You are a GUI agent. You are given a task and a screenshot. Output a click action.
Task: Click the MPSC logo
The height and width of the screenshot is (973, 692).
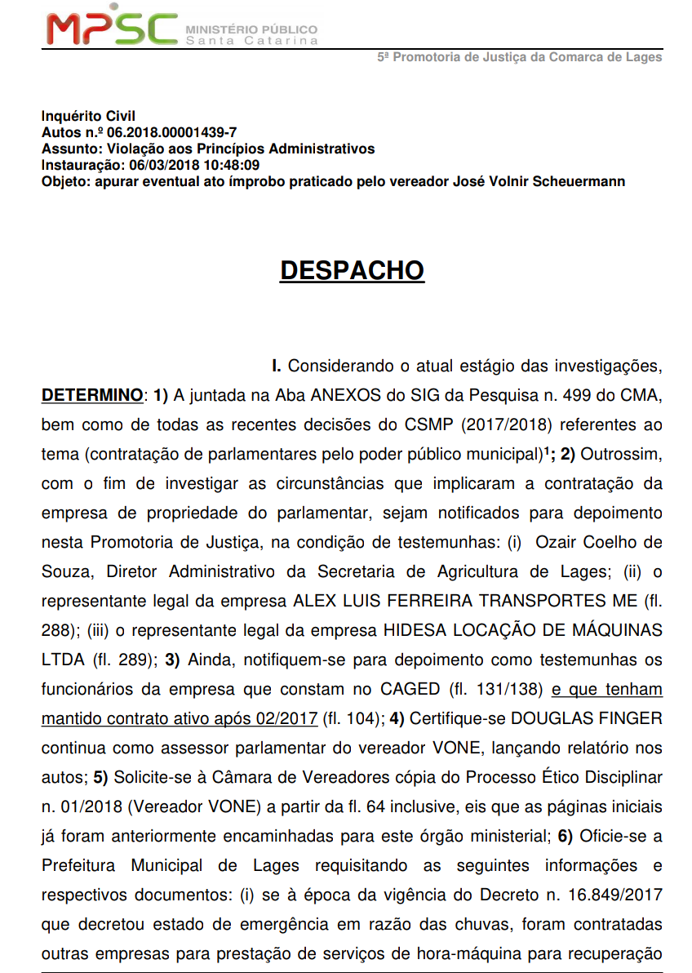point(112,29)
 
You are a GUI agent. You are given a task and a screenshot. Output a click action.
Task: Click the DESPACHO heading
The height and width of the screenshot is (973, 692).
point(352,271)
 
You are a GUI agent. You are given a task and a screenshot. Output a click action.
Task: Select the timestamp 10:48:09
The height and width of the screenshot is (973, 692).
point(234,165)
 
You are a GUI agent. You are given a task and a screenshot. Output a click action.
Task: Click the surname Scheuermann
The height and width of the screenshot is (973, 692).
point(579,181)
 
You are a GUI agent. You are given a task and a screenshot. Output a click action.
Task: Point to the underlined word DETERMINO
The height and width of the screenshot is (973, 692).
point(91,396)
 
